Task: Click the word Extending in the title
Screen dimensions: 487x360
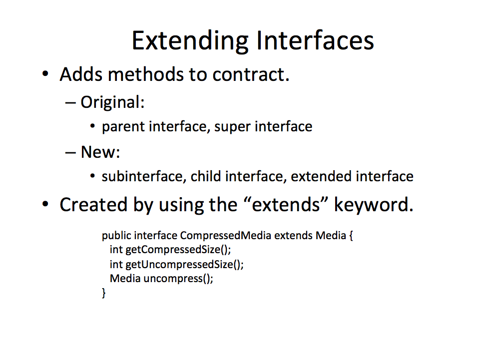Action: pyautogui.click(x=190, y=41)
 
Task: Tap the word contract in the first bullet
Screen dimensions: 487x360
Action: pyautogui.click(x=251, y=74)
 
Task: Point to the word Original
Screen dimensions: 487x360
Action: pyautogui.click(x=112, y=102)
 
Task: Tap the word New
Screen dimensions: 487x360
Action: pyautogui.click(x=100, y=152)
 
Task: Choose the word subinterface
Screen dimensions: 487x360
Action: pyautogui.click(x=144, y=176)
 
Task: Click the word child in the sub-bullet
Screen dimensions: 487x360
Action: pyautogui.click(x=206, y=176)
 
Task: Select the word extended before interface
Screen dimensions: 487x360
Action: pyautogui.click(x=322, y=176)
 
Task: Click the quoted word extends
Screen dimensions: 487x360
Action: pyautogui.click(x=286, y=205)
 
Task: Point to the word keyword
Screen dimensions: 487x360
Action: pyautogui.click(x=374, y=205)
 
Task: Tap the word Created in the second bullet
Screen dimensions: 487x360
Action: pyautogui.click(x=93, y=205)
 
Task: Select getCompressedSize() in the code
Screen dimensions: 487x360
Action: pyautogui.click(x=178, y=250)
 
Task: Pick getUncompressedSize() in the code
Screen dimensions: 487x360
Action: pyautogui.click(x=184, y=265)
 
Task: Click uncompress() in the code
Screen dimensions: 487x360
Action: pyautogui.click(x=178, y=279)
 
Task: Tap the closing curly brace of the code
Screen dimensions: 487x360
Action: pyautogui.click(x=104, y=293)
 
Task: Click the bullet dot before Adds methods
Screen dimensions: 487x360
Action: pyautogui.click(x=45, y=74)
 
